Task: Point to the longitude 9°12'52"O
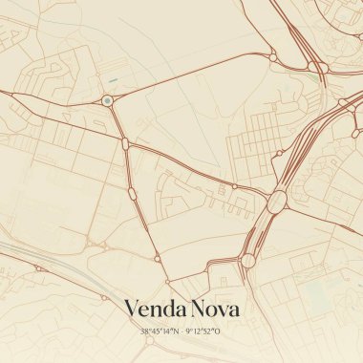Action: click(x=203, y=331)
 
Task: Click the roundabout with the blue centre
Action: click(x=107, y=99)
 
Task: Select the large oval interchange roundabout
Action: click(x=278, y=202)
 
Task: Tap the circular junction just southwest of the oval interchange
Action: click(x=248, y=259)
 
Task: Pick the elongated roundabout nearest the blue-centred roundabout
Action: click(x=125, y=143)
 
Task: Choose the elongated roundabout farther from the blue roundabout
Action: click(x=132, y=192)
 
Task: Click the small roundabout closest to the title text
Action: click(x=168, y=282)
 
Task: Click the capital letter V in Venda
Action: click(x=132, y=310)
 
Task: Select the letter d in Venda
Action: click(x=169, y=310)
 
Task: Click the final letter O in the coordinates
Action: click(x=219, y=331)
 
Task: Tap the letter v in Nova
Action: click(x=224, y=311)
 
